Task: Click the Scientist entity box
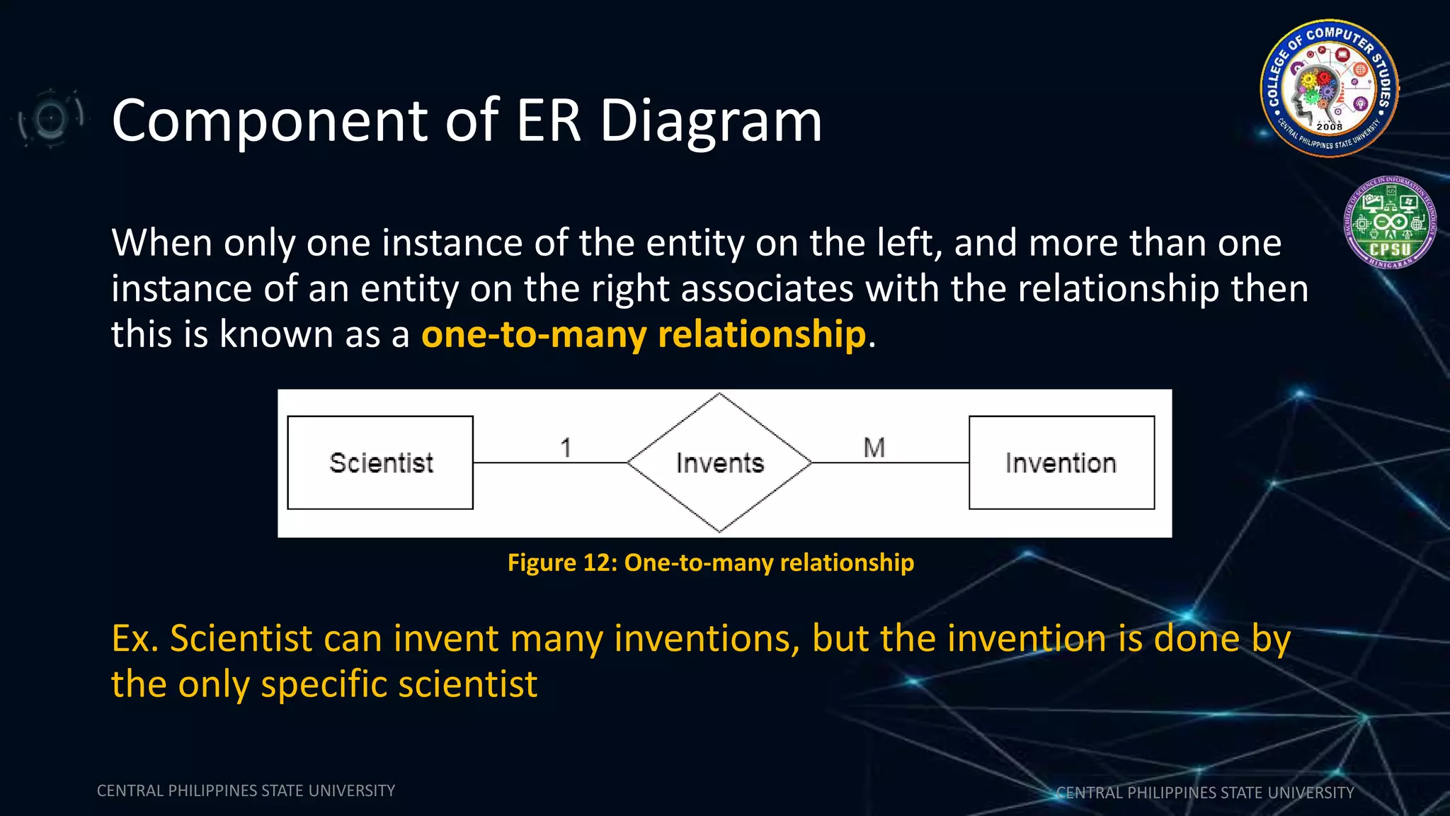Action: [x=380, y=463]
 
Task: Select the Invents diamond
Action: [x=719, y=463]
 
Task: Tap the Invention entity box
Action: [x=1061, y=463]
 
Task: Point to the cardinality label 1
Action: [x=566, y=448]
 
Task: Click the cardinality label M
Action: [x=874, y=448]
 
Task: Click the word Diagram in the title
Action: [x=711, y=120]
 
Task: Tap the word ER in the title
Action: [x=549, y=120]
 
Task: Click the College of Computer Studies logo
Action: [x=1329, y=88]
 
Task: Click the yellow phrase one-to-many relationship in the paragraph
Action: [x=643, y=334]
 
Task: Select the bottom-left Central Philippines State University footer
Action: [x=246, y=790]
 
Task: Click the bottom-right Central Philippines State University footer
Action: [x=1204, y=793]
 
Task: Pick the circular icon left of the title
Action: [x=50, y=118]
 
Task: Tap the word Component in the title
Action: [x=270, y=120]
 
